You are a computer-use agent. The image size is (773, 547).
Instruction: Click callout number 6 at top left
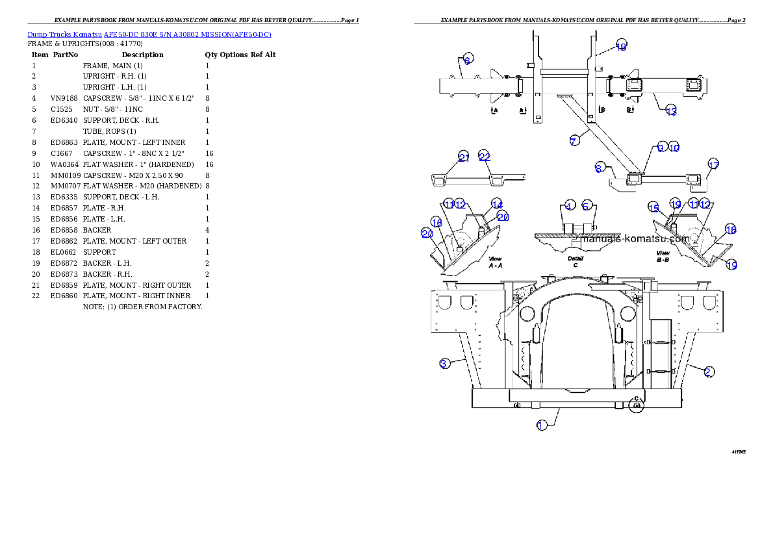point(468,58)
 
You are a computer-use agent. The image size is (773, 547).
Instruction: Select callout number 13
point(671,111)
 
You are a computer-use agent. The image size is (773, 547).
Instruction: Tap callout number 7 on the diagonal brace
point(574,141)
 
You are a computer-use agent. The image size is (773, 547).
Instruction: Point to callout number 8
point(599,168)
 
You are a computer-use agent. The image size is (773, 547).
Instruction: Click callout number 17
point(713,165)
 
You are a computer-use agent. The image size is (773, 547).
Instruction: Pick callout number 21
point(464,157)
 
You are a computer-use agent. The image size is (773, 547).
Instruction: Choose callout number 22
point(485,157)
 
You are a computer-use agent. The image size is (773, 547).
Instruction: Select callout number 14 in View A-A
point(497,204)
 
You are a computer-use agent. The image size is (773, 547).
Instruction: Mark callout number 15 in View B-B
point(653,207)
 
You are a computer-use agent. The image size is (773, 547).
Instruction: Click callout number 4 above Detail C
point(570,206)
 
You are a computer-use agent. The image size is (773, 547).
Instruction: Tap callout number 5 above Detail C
point(587,206)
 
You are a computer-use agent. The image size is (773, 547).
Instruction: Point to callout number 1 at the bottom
point(542,425)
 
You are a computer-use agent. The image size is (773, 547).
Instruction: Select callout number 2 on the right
point(709,372)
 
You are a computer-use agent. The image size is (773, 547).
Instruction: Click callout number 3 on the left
point(444,363)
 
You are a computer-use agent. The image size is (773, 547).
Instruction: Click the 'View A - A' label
point(495,262)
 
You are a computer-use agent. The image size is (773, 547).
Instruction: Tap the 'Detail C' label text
point(576,261)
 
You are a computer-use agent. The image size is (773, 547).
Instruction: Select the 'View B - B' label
point(663,257)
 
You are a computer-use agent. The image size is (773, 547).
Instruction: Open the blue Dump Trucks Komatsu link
point(149,34)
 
